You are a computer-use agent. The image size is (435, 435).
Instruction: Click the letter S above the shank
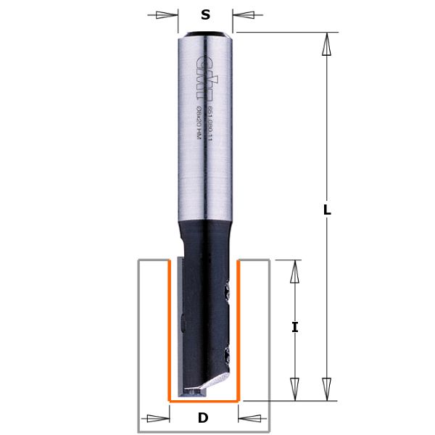point(206,14)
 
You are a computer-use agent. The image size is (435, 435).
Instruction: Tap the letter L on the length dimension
point(327,210)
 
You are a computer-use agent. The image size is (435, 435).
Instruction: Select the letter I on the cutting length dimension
point(294,328)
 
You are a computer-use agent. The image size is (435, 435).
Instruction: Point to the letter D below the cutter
point(204,418)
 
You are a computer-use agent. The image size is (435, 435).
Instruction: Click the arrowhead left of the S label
point(170,14)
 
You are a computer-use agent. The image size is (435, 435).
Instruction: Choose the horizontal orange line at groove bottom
point(204,400)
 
